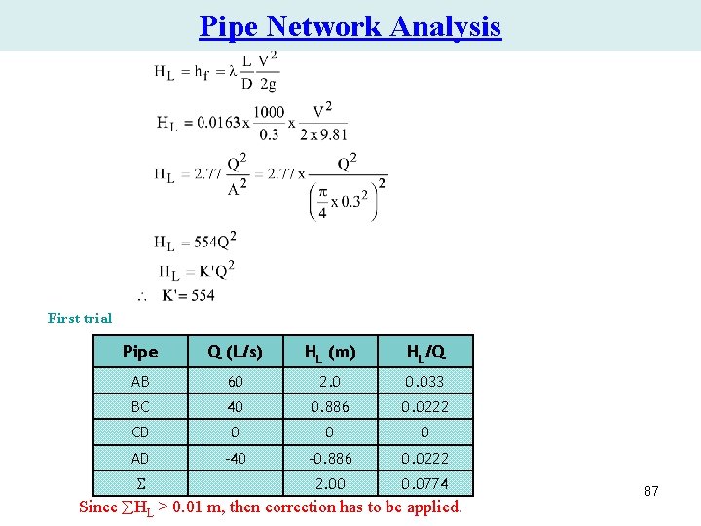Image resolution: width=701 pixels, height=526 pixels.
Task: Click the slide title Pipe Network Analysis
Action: (x=350, y=26)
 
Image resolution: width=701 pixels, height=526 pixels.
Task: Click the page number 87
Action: (x=650, y=492)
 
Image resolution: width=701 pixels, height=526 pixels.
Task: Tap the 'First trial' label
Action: (x=80, y=319)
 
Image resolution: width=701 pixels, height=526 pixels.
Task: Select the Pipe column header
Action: (x=140, y=352)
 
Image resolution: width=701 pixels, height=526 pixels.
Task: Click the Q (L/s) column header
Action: (x=236, y=352)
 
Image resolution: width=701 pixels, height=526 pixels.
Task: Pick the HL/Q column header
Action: (x=425, y=352)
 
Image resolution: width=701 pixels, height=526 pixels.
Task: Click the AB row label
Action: (x=140, y=381)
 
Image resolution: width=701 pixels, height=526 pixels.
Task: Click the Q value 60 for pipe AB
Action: (x=236, y=381)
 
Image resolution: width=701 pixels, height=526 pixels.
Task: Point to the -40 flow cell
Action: (x=236, y=458)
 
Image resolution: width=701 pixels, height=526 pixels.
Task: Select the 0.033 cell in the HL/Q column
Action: (x=425, y=381)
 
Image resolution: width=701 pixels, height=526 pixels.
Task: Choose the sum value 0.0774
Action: (x=425, y=483)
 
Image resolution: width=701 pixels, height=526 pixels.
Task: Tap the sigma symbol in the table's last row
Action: (x=140, y=483)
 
